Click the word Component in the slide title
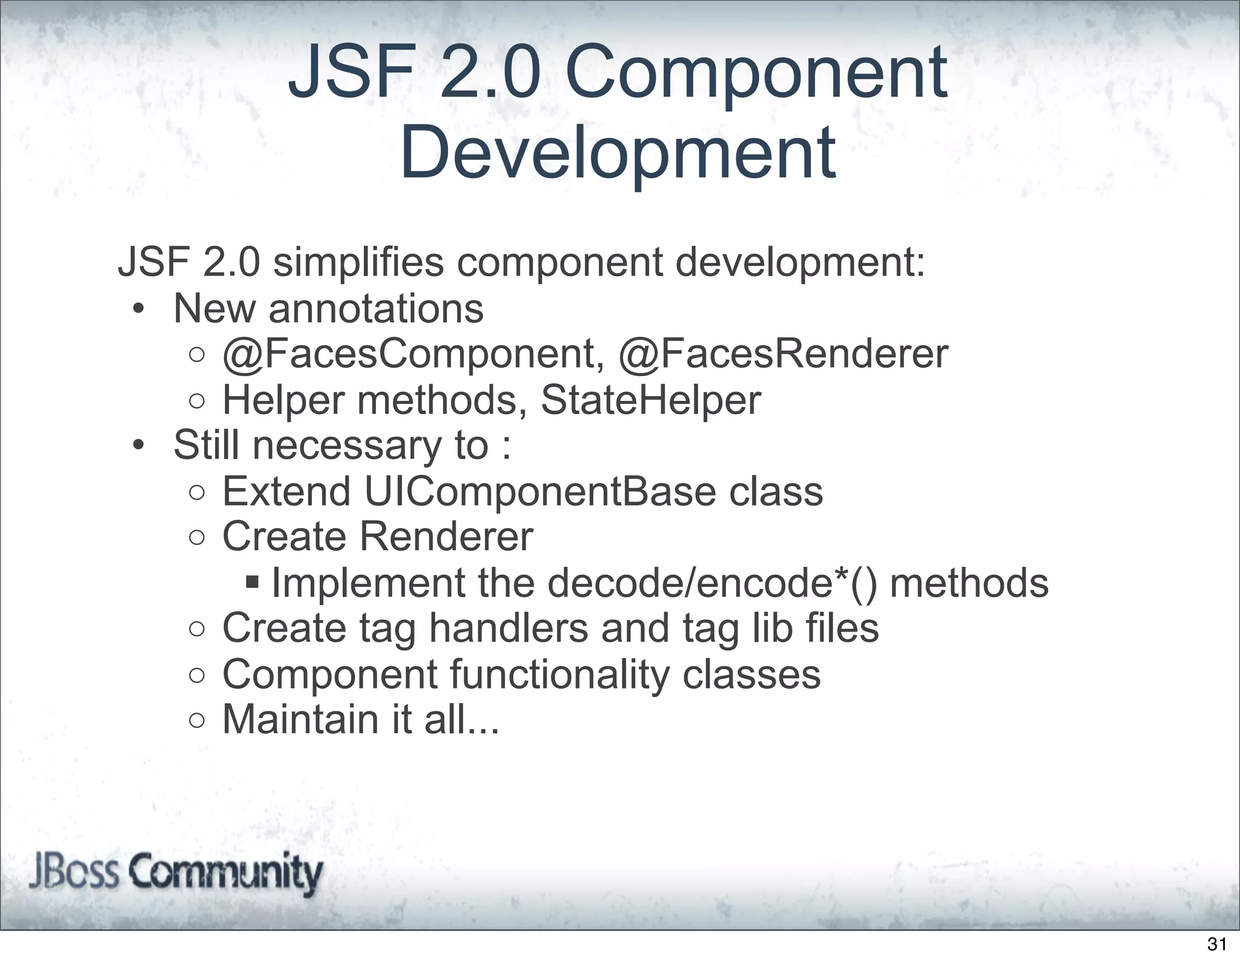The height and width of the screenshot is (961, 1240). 756,74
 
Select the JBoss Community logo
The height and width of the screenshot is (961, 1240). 176,874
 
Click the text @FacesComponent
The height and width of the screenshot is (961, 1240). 413,354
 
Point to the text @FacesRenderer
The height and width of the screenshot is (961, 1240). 783,354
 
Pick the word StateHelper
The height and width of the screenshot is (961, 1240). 650,400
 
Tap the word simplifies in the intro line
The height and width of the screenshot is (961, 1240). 358,262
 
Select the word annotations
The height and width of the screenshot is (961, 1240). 375,308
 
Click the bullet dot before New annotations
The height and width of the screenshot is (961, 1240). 139,310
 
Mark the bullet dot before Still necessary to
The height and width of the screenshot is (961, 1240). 139,447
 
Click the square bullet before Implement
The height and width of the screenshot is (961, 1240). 252,583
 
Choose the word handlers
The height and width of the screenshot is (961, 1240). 509,628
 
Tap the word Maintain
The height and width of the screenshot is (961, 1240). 299,719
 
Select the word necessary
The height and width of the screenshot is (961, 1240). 346,446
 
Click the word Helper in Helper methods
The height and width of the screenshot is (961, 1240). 283,400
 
